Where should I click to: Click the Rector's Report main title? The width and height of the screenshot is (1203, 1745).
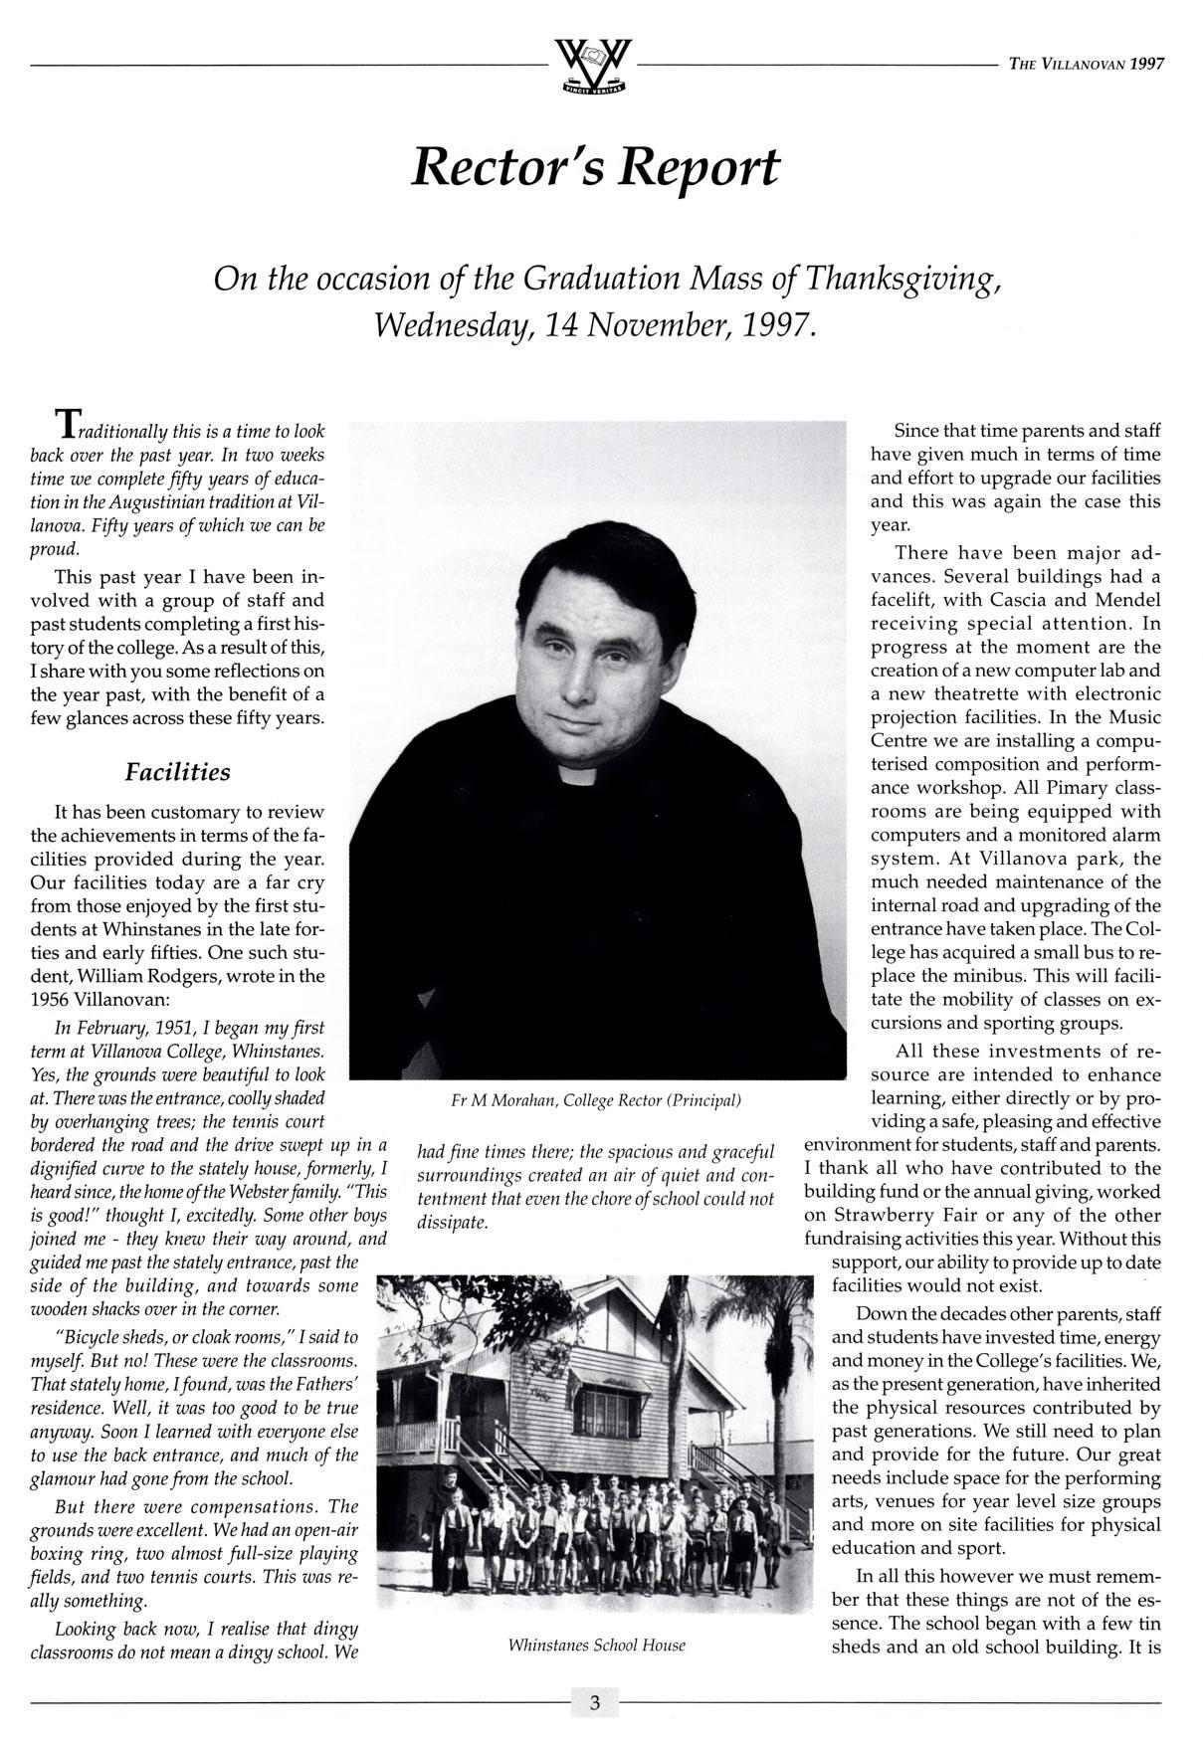point(595,168)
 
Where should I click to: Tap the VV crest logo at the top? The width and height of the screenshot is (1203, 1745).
point(594,66)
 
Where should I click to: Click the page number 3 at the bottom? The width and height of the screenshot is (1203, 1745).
point(594,1702)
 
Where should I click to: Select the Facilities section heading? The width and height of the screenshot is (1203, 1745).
point(177,772)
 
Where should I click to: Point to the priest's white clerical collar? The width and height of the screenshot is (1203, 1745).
point(581,773)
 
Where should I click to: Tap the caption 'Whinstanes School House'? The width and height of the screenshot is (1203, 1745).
point(596,1645)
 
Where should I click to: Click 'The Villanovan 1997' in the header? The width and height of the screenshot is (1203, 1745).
point(1086,64)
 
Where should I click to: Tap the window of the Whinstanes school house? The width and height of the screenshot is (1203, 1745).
point(606,1412)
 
